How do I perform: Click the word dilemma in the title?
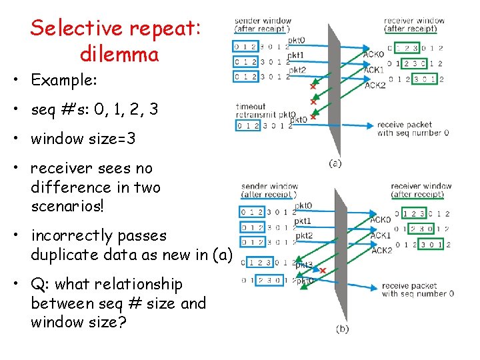(x=119, y=53)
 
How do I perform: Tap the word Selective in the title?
(x=77, y=29)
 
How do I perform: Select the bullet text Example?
(x=64, y=81)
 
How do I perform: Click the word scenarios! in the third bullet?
(x=67, y=206)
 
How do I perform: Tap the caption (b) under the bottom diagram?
(x=341, y=329)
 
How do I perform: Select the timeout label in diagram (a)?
(x=251, y=107)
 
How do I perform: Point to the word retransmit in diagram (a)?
(x=257, y=115)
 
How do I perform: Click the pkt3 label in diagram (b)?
(x=304, y=265)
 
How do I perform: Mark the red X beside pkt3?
(x=323, y=271)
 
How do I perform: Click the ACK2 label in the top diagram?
(x=375, y=85)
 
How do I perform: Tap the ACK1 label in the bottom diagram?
(x=381, y=235)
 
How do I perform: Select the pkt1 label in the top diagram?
(x=297, y=55)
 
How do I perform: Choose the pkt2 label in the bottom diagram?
(x=304, y=235)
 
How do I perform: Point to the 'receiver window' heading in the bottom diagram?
(x=421, y=187)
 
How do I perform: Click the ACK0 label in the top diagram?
(x=373, y=54)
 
